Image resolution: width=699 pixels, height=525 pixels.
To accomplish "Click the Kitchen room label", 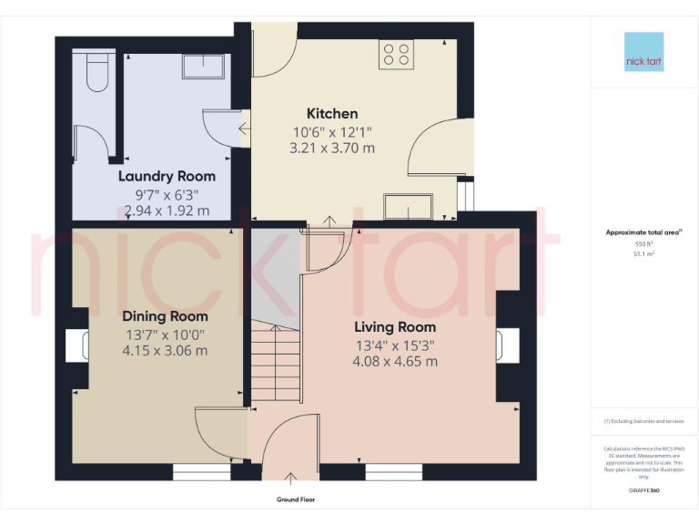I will (332, 114).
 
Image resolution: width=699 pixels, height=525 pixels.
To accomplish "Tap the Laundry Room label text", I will (167, 176).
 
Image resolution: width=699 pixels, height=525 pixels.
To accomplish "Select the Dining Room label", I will (165, 316).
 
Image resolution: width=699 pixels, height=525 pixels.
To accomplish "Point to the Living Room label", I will (395, 326).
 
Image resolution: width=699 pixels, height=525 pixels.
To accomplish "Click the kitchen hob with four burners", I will (396, 54).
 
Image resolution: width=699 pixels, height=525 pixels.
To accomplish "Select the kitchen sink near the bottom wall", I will (409, 207).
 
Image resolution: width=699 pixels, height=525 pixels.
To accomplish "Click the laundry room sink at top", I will (205, 65).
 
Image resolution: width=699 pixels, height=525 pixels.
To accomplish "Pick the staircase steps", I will (275, 365).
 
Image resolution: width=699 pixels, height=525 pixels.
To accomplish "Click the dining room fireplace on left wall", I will (76, 347).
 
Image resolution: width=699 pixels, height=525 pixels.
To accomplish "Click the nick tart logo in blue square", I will (643, 52).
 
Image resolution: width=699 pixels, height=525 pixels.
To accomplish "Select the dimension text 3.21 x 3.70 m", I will (332, 148).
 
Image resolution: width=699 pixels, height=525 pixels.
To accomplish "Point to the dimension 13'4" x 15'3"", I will (395, 345).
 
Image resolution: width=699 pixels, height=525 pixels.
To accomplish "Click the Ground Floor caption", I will (296, 499).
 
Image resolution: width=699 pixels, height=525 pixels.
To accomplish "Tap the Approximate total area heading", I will (643, 232).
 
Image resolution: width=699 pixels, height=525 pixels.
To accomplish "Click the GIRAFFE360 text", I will (643, 490).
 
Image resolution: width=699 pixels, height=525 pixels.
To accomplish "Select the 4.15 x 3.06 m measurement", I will (165, 350).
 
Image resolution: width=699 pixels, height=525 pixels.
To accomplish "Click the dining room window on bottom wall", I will (201, 472).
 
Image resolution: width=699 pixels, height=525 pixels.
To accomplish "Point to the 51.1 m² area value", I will (643, 254).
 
